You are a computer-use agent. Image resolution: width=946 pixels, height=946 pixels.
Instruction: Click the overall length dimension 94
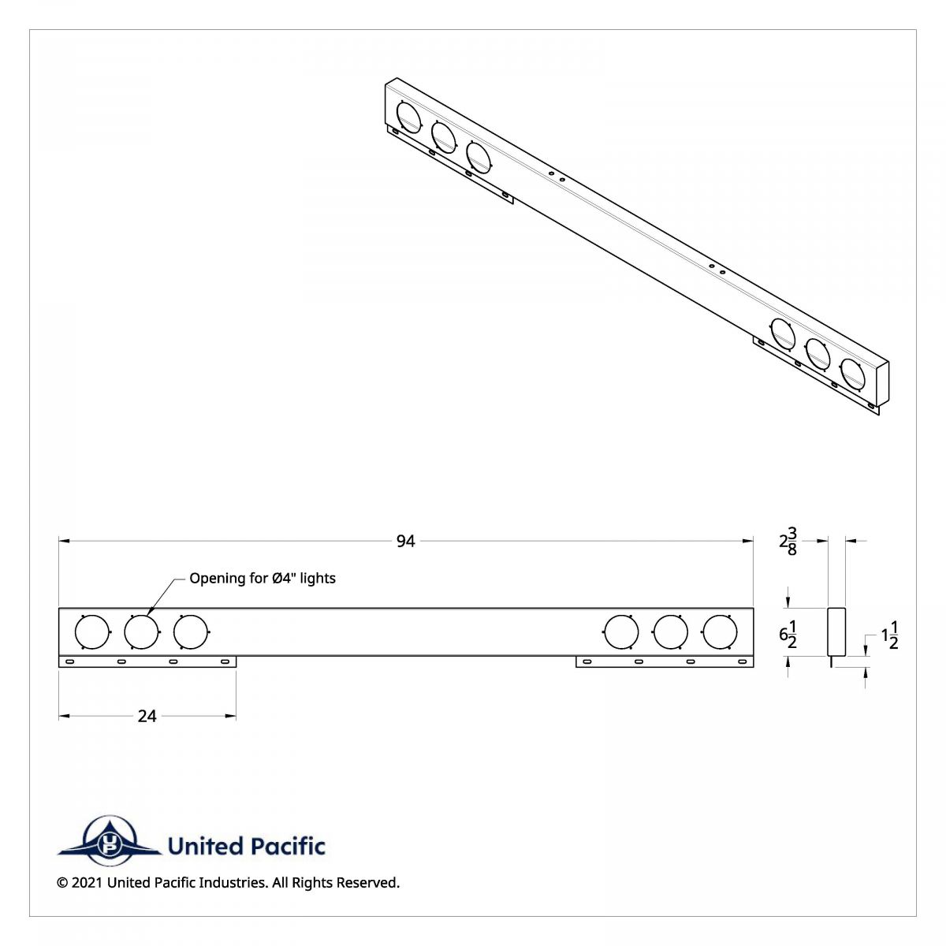point(405,541)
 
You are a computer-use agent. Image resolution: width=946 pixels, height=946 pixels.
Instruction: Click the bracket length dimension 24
point(147,716)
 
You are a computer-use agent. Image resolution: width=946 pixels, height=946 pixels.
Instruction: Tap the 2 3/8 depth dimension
point(788,542)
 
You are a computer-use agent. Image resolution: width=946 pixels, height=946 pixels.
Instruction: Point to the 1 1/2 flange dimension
point(889,635)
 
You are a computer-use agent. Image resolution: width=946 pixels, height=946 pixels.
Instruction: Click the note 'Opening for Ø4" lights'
point(263,578)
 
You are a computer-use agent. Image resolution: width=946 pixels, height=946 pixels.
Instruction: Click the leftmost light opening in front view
point(91,632)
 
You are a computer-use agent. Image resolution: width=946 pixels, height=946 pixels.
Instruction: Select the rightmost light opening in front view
point(720,632)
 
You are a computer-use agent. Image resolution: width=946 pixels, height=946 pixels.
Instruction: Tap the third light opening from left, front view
point(190,632)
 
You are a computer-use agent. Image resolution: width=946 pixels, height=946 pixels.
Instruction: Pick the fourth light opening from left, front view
point(620,632)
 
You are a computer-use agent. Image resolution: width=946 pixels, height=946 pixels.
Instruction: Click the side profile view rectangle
point(836,631)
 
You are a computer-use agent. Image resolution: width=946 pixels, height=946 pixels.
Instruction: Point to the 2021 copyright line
point(228,882)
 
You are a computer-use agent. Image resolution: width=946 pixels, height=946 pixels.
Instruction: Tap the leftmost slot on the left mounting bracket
point(70,661)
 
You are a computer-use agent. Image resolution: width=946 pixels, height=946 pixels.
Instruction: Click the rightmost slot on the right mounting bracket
point(741,661)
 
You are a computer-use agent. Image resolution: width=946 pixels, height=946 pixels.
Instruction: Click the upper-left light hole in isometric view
point(408,116)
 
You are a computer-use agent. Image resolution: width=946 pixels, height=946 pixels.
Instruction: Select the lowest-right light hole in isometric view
point(852,373)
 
